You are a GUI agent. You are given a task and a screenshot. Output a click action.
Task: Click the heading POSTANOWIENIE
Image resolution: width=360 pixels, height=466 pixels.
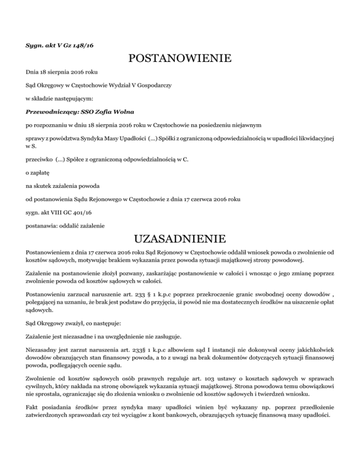pyautogui.click(x=180, y=59)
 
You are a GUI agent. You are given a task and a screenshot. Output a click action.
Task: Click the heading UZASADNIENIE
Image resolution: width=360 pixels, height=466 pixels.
pyautogui.click(x=180, y=239)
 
